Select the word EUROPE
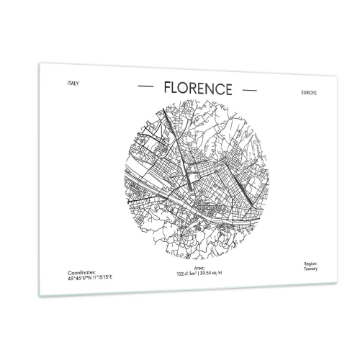pos(302,94)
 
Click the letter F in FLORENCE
pos(167,87)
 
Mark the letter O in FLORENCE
pos(184,88)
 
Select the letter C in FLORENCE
pos(219,89)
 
